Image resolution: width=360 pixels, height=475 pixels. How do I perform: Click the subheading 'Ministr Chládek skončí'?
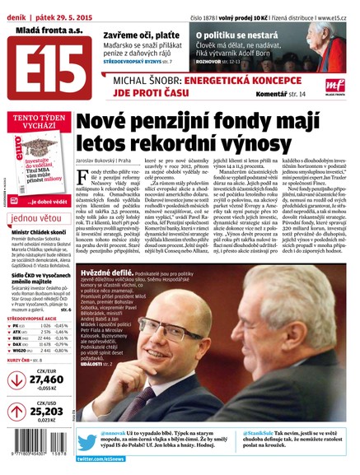40,234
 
